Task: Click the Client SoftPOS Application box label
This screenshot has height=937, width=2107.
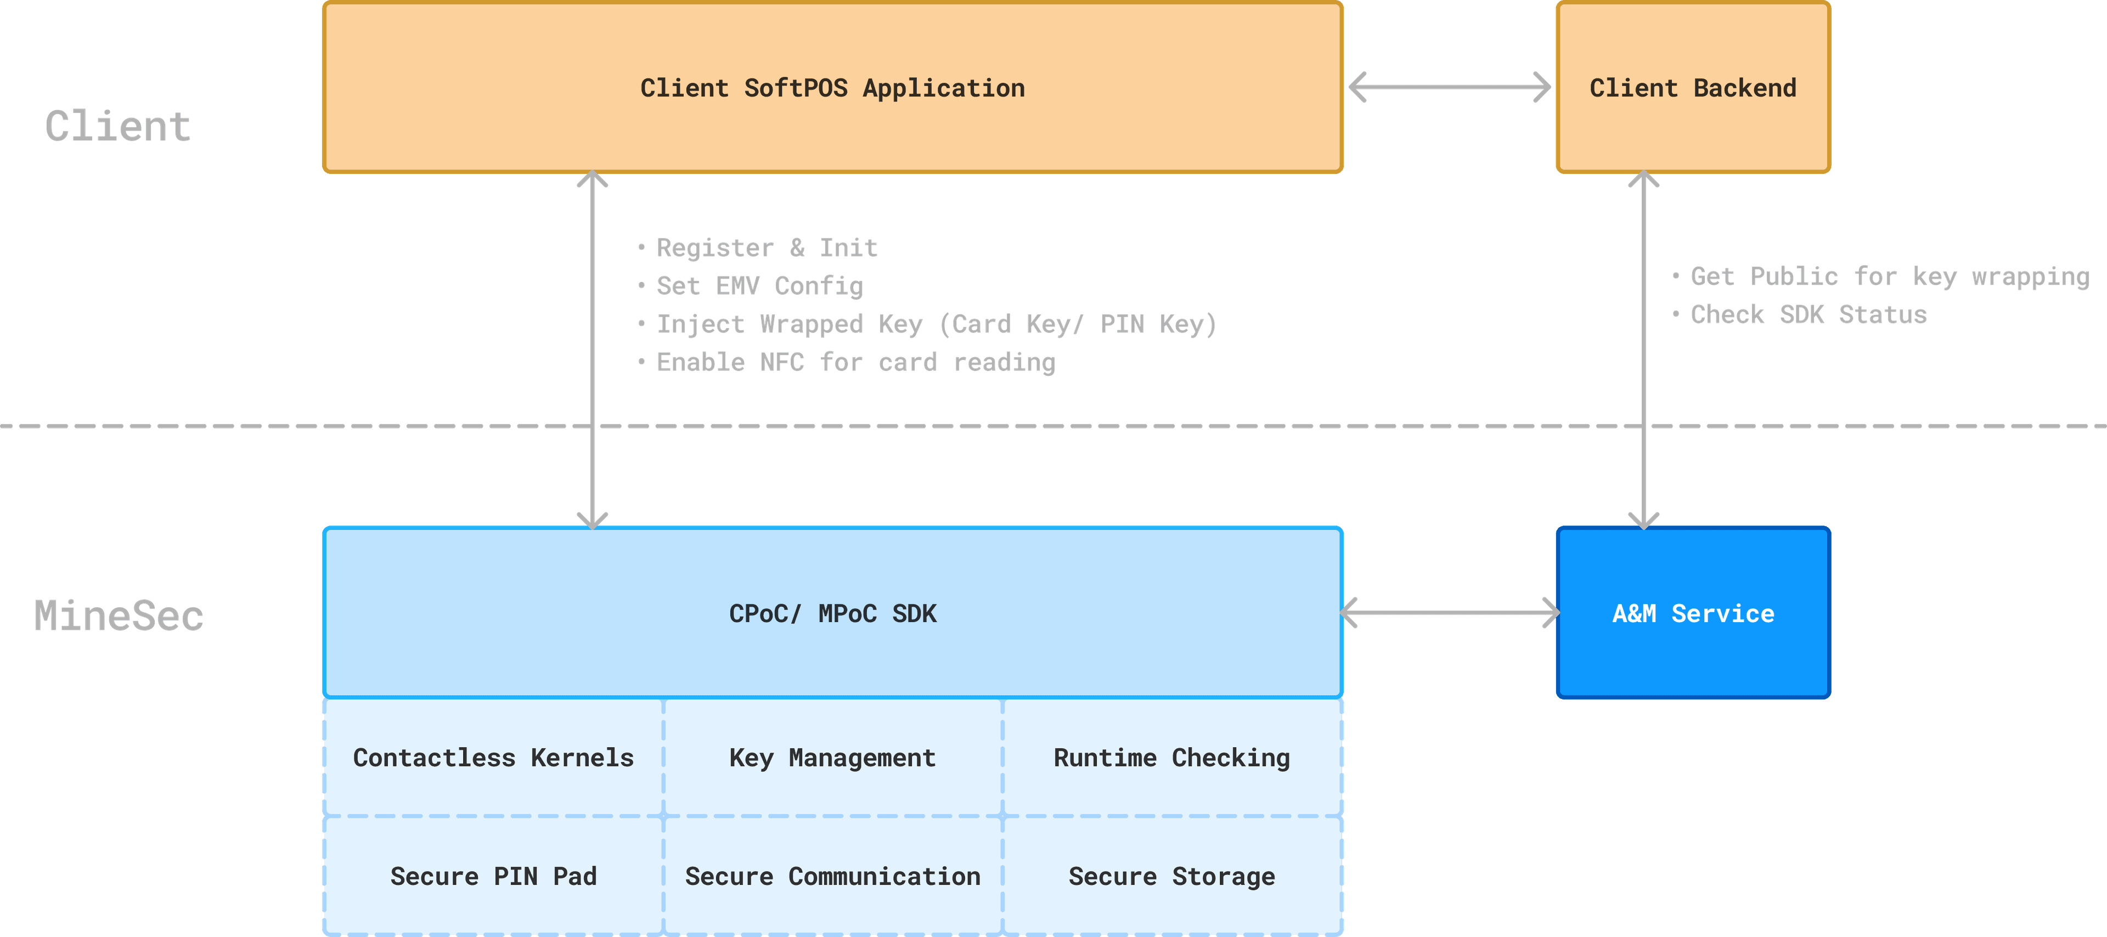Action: [x=832, y=88]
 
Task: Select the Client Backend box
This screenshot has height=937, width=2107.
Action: [x=1692, y=88]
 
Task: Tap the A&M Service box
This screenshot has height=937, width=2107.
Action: [x=1692, y=613]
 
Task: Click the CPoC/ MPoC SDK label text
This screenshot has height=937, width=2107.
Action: [x=832, y=613]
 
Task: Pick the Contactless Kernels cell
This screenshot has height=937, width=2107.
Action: [x=493, y=758]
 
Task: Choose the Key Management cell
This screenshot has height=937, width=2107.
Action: [x=832, y=758]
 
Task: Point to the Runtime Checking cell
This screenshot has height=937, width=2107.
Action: [x=1171, y=758]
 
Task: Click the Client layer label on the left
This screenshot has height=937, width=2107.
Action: [x=118, y=127]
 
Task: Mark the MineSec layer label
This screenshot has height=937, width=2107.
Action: [x=118, y=616]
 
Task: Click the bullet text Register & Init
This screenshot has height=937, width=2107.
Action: [x=767, y=248]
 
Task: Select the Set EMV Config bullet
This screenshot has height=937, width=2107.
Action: [x=759, y=286]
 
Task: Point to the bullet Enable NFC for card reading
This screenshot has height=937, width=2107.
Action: [x=855, y=362]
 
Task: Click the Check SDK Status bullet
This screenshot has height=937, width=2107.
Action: [x=1807, y=315]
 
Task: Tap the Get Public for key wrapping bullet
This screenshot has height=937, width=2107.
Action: [x=1889, y=276]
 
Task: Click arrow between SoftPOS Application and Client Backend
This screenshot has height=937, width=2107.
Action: [x=1449, y=87]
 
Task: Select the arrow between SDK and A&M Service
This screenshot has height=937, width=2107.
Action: [x=1449, y=612]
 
